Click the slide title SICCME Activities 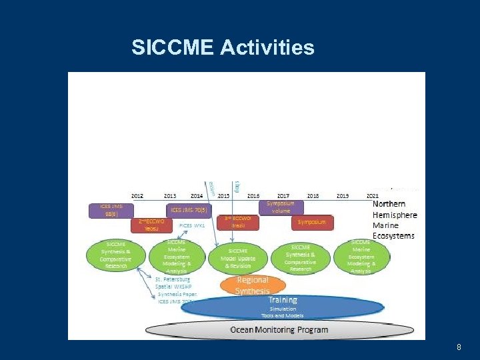click(223, 48)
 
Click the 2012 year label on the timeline click(137, 195)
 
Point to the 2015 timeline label click(223, 195)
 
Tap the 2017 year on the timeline click(283, 195)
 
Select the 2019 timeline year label click(343, 195)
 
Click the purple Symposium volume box click(280, 207)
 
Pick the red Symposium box click(312, 222)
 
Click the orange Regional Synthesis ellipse click(253, 285)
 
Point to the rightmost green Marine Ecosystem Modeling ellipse click(361, 255)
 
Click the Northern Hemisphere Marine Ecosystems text click(394, 219)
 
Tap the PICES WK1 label click(191, 225)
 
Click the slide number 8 click(459, 347)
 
